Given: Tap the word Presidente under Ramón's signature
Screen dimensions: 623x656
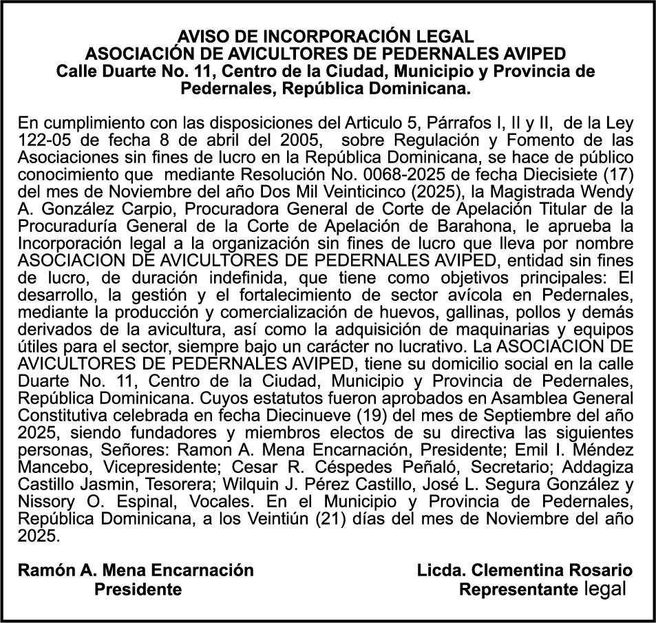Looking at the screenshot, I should click(138, 589).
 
